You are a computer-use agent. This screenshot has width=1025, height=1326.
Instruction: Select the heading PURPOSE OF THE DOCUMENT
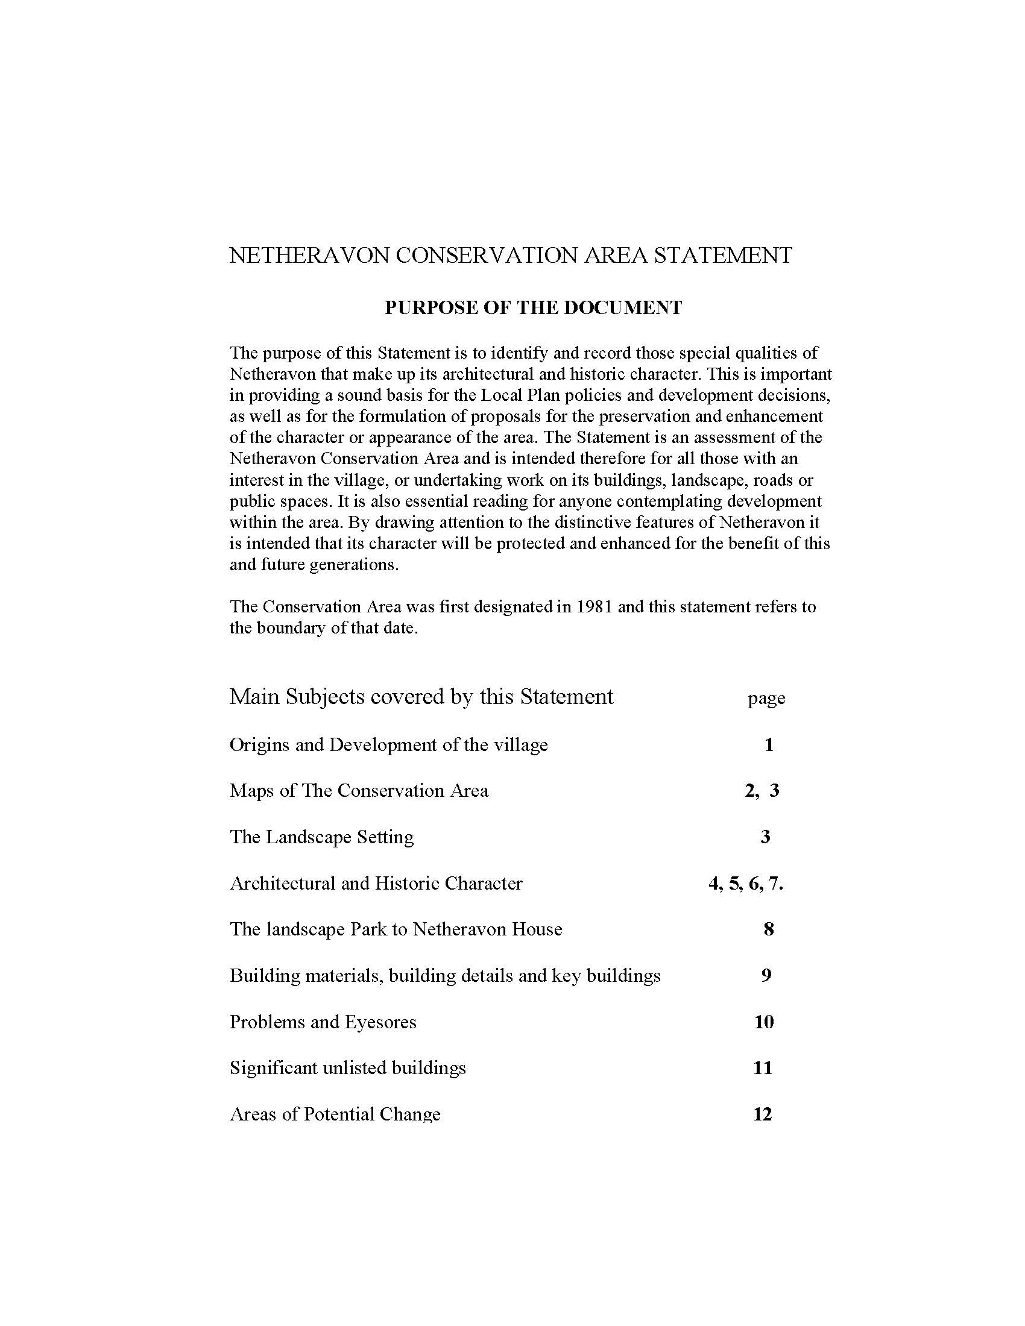pos(533,308)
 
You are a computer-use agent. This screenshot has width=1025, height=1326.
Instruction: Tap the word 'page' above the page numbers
pos(766,698)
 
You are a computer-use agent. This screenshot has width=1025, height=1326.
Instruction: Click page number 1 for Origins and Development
pos(769,745)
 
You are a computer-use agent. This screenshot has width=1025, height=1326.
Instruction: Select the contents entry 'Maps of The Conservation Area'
pos(359,791)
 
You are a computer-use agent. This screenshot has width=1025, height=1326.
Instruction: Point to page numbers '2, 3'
pos(762,791)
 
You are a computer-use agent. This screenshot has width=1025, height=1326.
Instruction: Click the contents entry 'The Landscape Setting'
pos(322,837)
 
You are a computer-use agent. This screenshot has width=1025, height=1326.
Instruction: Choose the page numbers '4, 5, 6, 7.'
pos(746,884)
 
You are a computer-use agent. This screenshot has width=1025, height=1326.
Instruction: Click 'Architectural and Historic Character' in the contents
pos(376,884)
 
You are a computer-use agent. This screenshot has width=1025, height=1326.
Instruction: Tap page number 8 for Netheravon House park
pos(769,929)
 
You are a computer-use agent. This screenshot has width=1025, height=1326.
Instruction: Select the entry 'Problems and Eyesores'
pos(323,1022)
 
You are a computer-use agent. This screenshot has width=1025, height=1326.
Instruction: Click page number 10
pos(764,1022)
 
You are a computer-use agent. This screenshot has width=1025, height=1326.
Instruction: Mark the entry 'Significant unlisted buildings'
pos(347,1069)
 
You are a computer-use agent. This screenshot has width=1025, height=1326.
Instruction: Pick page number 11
pos(763,1069)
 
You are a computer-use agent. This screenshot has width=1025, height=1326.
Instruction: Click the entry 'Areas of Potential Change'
pos(335,1114)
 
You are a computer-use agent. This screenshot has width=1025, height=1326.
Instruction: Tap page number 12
pos(763,1114)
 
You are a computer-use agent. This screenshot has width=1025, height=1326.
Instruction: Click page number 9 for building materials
pos(766,976)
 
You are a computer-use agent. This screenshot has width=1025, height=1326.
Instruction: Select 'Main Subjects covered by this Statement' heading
pos(421,696)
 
